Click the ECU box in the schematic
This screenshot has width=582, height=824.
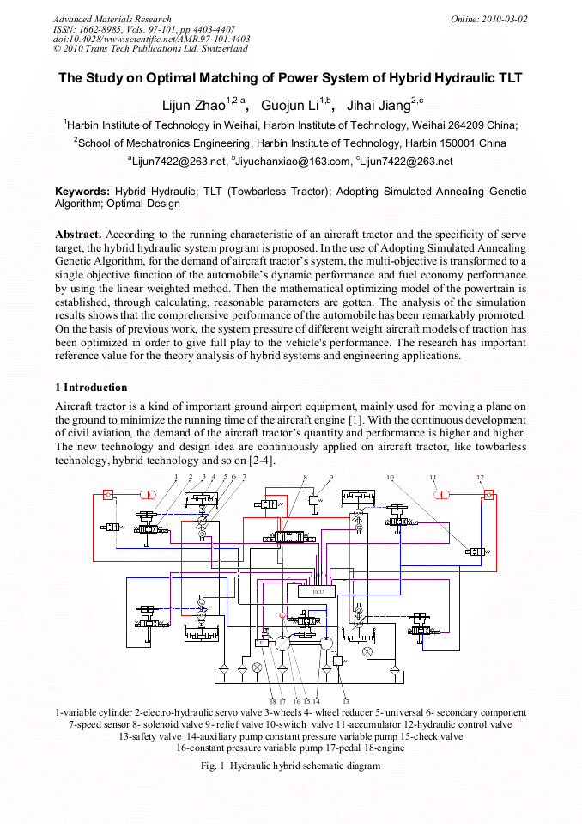tap(317, 591)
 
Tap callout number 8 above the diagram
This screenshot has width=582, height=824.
tap(305, 477)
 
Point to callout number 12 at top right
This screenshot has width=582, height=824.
tap(480, 477)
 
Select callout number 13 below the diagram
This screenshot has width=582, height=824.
tap(345, 702)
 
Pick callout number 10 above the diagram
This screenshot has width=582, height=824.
tap(390, 477)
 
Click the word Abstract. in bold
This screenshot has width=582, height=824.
tap(79, 234)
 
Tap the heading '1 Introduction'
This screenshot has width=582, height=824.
tap(91, 388)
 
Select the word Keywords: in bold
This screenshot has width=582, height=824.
tap(82, 192)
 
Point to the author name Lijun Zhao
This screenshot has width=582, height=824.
tap(193, 107)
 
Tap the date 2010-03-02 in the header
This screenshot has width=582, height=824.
tap(504, 19)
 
